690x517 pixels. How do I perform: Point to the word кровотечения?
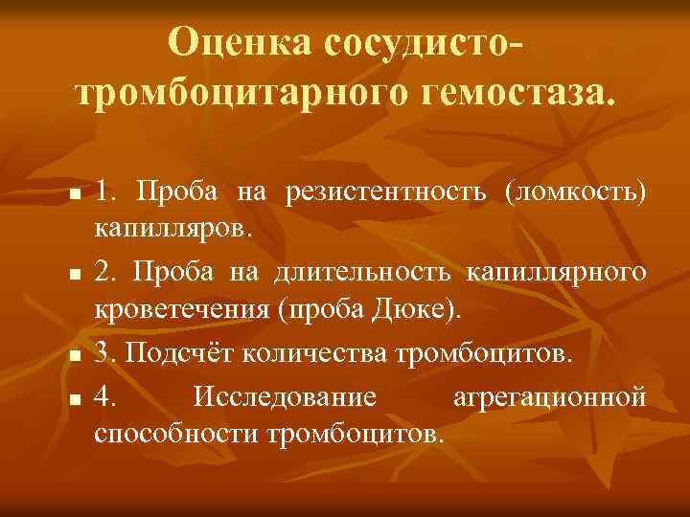182,312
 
